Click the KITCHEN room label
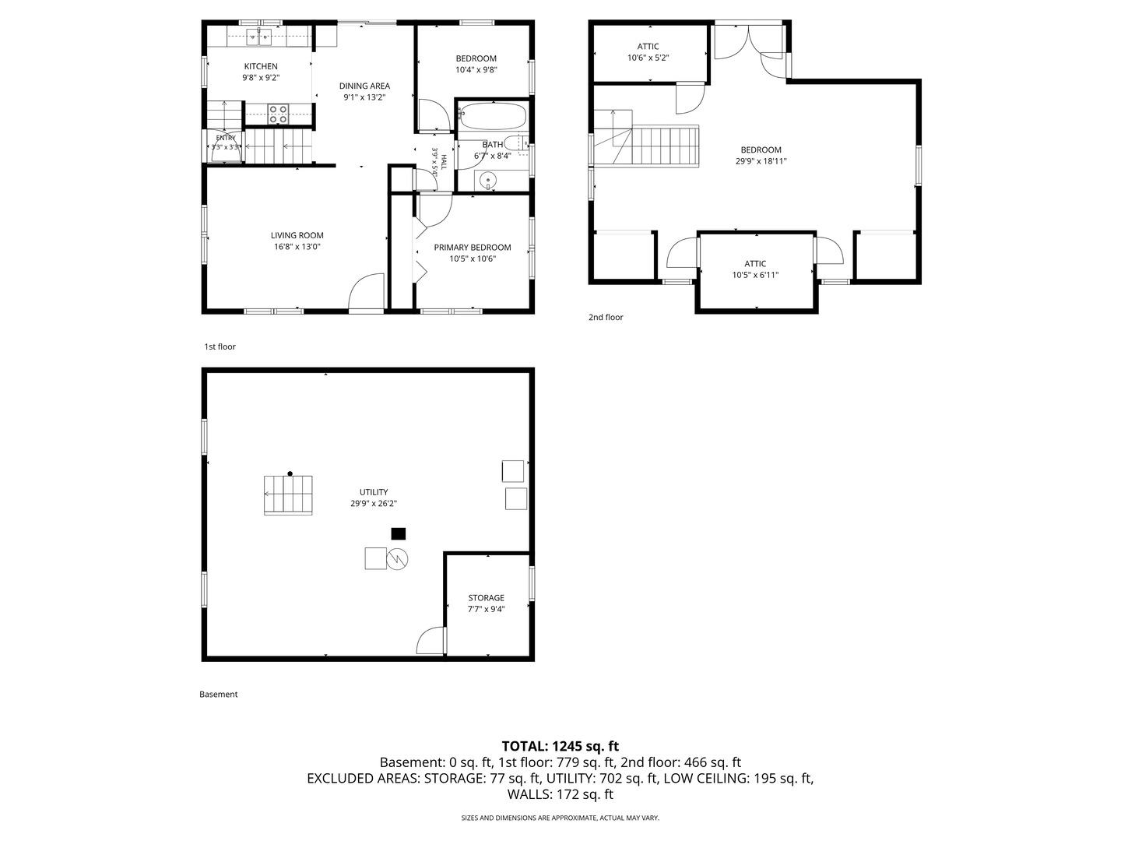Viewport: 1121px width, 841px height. [261, 66]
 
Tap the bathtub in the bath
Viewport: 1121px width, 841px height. [493, 117]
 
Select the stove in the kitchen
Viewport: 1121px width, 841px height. [279, 114]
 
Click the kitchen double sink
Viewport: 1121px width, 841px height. [259, 37]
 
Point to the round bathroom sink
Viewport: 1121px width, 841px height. [489, 180]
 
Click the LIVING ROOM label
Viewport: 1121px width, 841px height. [297, 235]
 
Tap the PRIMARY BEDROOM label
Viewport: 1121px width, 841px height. [473, 248]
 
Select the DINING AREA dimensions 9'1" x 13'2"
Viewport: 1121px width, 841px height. [364, 97]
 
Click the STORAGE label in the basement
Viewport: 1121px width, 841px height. [487, 597]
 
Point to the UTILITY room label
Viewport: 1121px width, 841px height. [374, 491]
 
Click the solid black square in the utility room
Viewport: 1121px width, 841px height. [399, 533]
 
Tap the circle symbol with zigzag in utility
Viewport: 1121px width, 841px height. [397, 559]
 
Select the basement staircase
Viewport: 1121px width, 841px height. [288, 494]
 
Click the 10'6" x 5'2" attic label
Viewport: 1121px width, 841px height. [648, 58]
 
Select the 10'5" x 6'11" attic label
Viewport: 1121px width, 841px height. [755, 275]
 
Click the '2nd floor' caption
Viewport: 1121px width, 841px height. [606, 317]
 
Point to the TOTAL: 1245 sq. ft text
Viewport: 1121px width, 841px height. [560, 746]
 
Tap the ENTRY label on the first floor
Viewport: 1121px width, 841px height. [226, 138]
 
